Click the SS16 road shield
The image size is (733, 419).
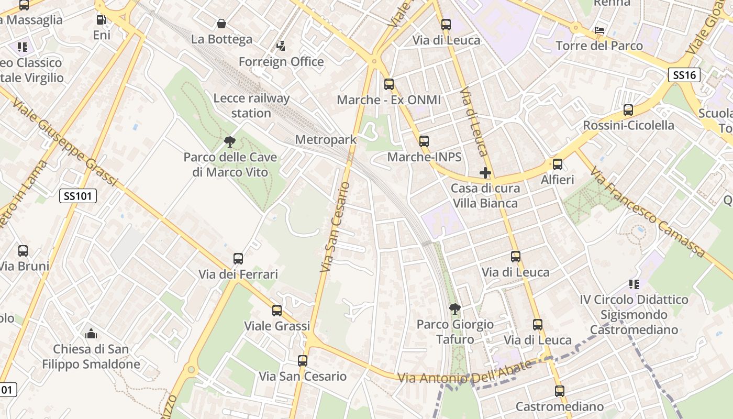(x=684, y=75)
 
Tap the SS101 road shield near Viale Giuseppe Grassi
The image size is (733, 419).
(x=78, y=196)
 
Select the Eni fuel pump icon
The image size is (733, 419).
(x=102, y=20)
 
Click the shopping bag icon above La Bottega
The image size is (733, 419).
(x=221, y=24)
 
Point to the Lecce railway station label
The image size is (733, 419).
(x=251, y=105)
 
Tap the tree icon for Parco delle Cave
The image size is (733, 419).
(x=229, y=141)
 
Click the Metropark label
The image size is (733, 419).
(x=326, y=140)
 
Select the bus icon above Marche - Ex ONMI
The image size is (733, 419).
(x=388, y=84)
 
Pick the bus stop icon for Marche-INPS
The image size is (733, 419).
(x=424, y=141)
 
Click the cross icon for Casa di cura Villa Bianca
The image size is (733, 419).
(x=485, y=172)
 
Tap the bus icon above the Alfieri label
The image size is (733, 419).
(x=558, y=164)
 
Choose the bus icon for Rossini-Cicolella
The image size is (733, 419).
(x=628, y=110)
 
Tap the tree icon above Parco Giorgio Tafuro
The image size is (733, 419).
(x=455, y=308)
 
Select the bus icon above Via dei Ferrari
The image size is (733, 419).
(x=238, y=258)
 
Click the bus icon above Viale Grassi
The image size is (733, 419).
(x=277, y=310)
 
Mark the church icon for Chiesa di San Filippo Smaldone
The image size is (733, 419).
(x=91, y=334)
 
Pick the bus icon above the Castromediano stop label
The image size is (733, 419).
(x=560, y=391)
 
